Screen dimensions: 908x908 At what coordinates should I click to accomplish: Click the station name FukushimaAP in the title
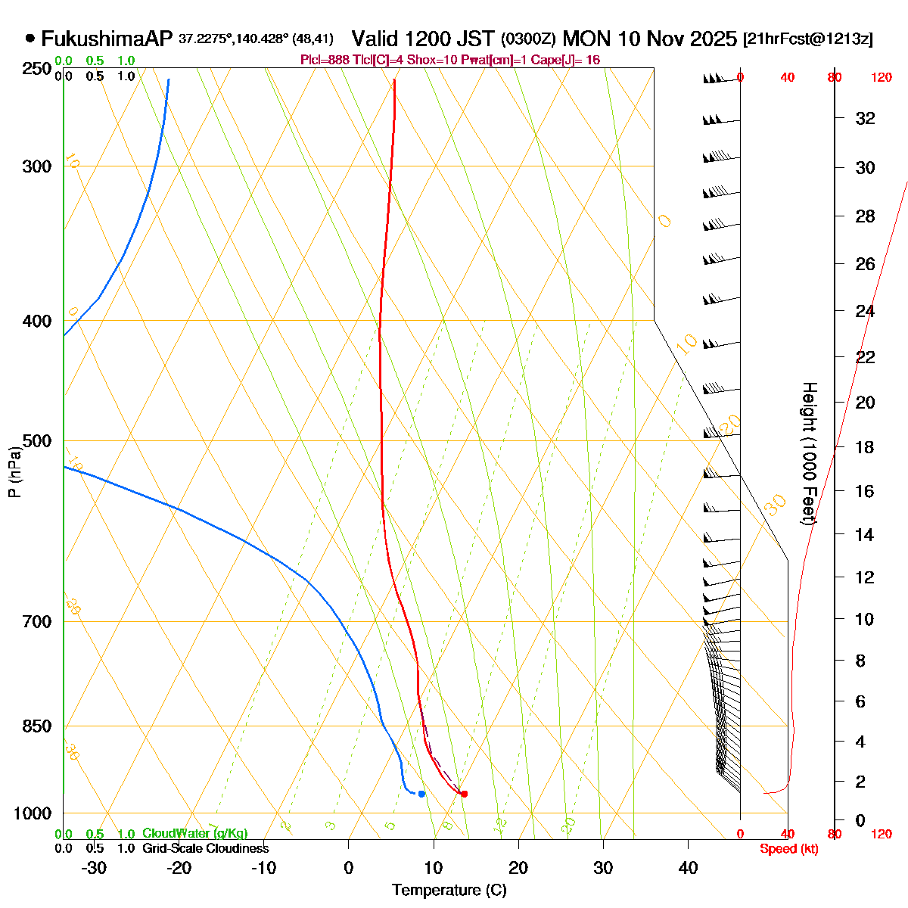click(107, 39)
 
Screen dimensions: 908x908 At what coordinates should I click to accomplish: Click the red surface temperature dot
click(464, 794)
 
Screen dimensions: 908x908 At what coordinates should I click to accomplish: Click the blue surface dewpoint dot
click(421, 793)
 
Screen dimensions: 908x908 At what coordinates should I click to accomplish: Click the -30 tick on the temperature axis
click(94, 868)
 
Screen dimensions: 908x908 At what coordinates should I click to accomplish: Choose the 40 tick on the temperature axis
click(688, 868)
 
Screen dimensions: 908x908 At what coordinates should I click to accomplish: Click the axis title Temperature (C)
click(449, 890)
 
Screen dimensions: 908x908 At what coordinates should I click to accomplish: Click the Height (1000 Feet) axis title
click(809, 454)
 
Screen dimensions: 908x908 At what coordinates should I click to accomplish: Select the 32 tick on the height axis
click(865, 119)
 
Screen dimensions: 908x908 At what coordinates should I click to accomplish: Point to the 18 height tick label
click(865, 447)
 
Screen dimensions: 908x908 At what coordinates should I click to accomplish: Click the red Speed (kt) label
click(788, 849)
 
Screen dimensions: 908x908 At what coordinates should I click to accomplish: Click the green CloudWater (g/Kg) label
click(194, 833)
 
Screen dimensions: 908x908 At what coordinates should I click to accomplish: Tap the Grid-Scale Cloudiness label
click(205, 848)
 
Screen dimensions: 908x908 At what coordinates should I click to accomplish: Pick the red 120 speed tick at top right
click(881, 77)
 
